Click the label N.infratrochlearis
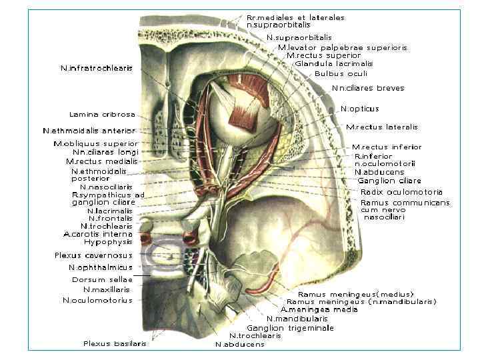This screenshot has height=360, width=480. [x=97, y=68]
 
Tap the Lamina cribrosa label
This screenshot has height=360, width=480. [x=102, y=114]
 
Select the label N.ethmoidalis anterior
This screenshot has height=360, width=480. [x=89, y=131]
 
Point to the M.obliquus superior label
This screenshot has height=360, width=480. [x=95, y=143]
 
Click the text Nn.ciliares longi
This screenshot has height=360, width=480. [x=100, y=152]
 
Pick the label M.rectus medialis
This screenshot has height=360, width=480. [x=101, y=161]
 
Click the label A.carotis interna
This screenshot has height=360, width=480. [x=98, y=234]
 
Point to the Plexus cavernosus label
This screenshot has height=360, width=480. [x=93, y=255]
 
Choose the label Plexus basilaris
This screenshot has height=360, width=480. [x=115, y=344]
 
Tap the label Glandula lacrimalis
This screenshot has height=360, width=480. [x=333, y=64]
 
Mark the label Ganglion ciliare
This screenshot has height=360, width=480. [x=389, y=181]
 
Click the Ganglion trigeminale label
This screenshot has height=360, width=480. [x=290, y=328]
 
